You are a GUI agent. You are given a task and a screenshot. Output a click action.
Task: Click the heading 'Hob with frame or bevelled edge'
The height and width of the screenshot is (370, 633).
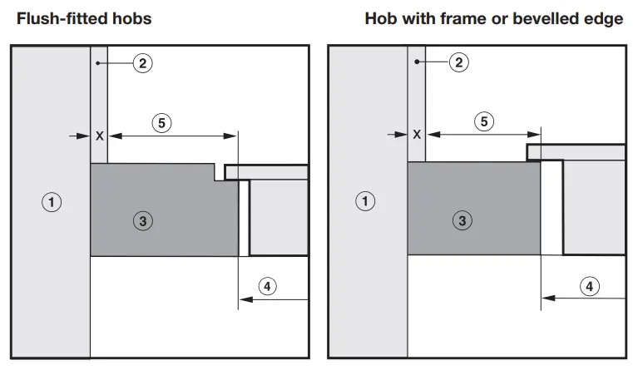[493, 18]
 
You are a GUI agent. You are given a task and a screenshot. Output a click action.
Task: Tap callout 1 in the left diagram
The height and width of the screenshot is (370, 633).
[52, 201]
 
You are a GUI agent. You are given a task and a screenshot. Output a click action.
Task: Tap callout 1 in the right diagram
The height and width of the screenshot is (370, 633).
[365, 201]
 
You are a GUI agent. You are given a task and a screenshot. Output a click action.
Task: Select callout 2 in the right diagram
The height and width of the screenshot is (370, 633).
[459, 62]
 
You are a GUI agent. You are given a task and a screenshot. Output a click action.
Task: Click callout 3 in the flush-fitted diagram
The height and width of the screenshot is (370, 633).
[143, 221]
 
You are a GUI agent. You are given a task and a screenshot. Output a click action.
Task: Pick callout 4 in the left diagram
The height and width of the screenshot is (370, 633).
[266, 287]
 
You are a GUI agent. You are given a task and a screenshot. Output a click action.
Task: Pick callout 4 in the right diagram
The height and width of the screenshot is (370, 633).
[588, 287]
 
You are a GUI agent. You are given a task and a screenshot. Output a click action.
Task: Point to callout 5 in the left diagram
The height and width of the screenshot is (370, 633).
[162, 123]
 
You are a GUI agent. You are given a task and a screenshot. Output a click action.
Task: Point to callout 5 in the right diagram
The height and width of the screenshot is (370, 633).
[483, 122]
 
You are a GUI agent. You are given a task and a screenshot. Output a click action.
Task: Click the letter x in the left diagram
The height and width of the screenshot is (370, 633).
[100, 135]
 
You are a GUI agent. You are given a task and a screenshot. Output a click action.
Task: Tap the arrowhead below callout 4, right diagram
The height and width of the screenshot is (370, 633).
[546, 298]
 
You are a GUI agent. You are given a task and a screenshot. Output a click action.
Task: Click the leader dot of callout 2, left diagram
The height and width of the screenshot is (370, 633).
[98, 62]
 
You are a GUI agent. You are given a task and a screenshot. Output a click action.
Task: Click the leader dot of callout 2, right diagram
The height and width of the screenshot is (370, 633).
[415, 62]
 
